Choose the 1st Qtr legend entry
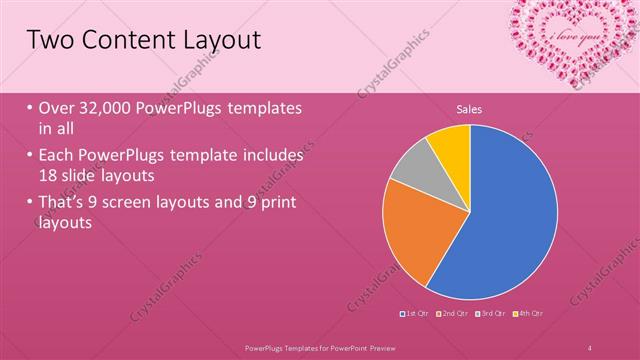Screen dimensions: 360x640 [416, 314]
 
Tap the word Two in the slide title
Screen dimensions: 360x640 [49, 40]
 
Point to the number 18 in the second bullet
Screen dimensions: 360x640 [50, 174]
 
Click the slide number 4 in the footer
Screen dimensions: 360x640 [590, 347]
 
